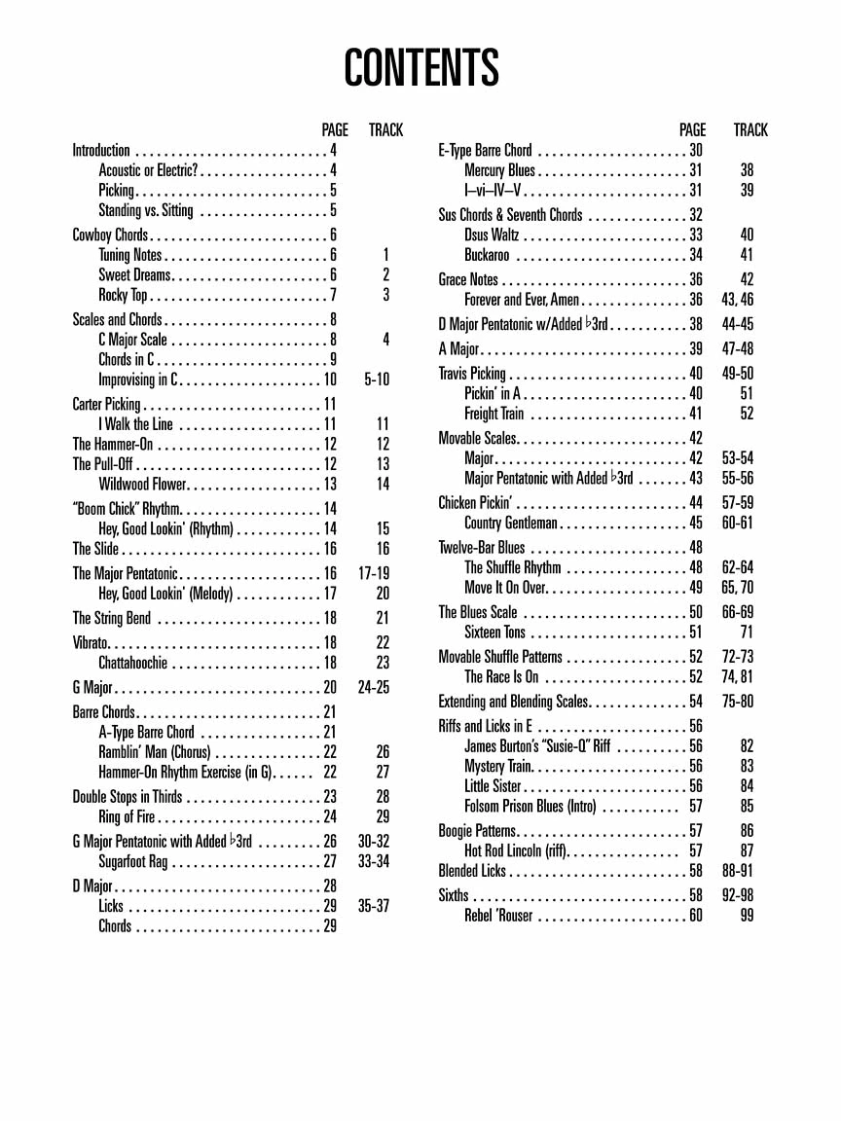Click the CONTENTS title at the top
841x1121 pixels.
pyautogui.click(x=420, y=68)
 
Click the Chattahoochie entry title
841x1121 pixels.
pyautogui.click(x=132, y=663)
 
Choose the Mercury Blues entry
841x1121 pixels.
pyautogui.click(x=499, y=170)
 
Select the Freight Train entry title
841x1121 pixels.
pyautogui.click(x=494, y=414)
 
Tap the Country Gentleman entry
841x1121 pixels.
pyautogui.click(x=511, y=524)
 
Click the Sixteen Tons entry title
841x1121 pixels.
pyautogui.click(x=494, y=633)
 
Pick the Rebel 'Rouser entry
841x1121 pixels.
pyautogui.click(x=498, y=916)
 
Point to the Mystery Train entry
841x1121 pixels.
pyautogui.click(x=497, y=766)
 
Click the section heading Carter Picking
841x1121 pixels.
pyautogui.click(x=106, y=404)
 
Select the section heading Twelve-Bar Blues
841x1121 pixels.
pyautogui.click(x=481, y=548)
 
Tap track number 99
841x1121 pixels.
pyautogui.click(x=747, y=916)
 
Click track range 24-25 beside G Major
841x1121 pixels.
pyautogui.click(x=374, y=687)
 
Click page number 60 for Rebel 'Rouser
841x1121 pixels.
pyautogui.click(x=696, y=916)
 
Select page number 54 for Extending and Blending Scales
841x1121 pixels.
pyautogui.click(x=696, y=702)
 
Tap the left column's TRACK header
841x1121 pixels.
pyautogui.click(x=385, y=130)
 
